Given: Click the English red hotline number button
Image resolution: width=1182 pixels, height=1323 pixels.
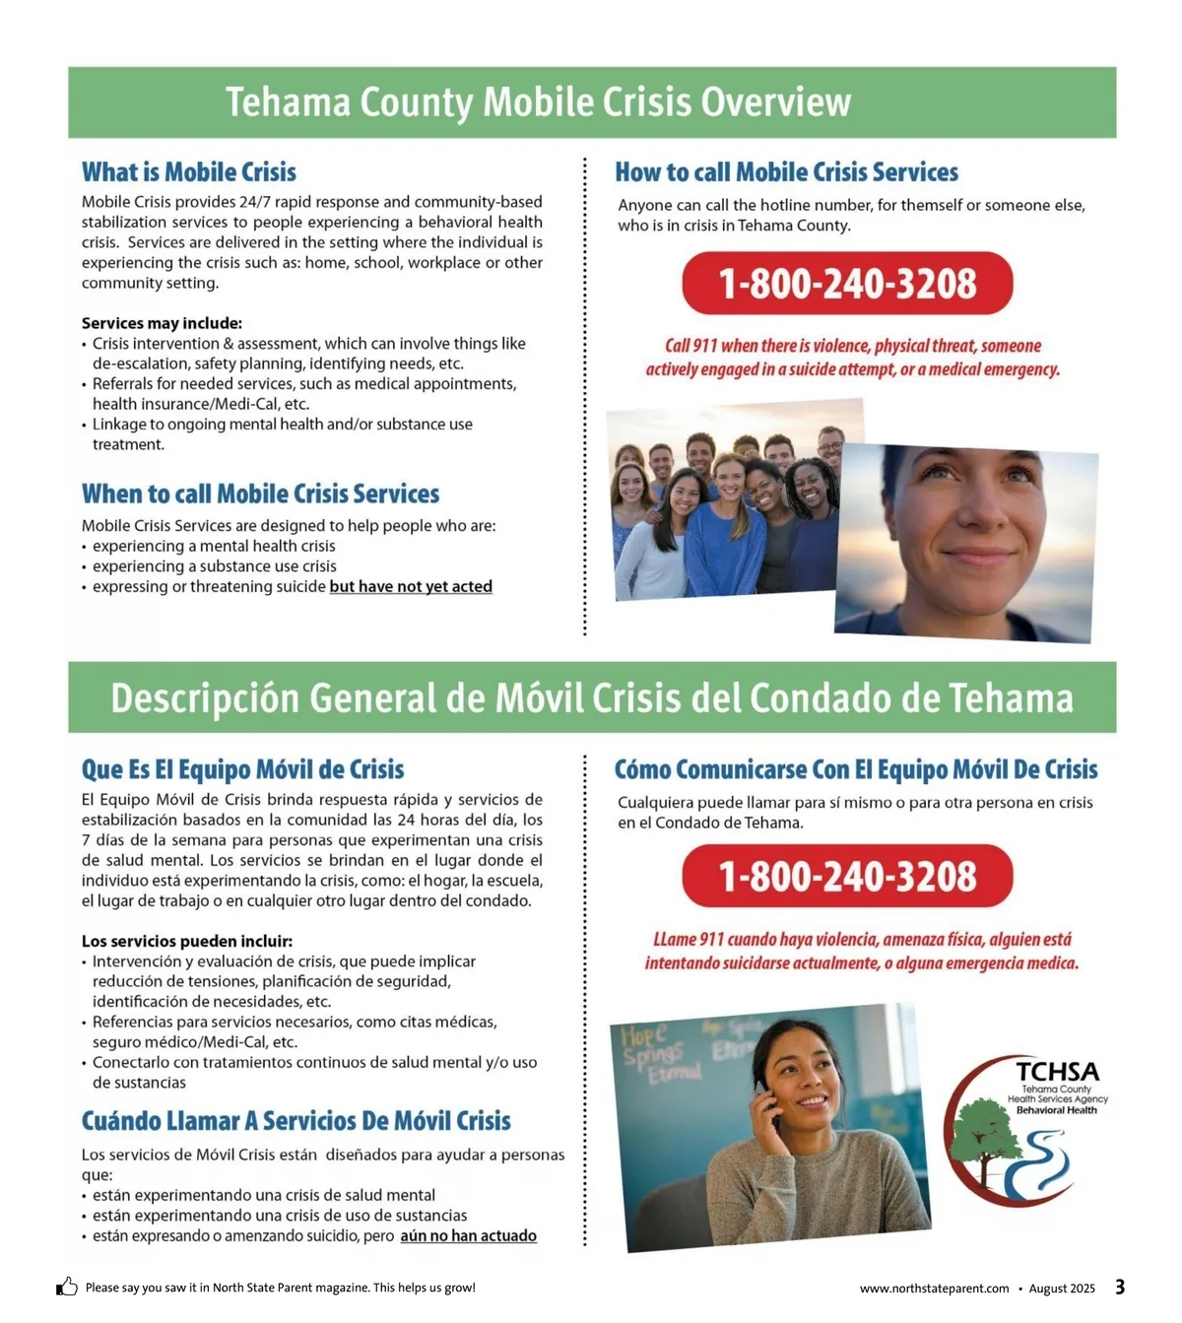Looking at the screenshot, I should [x=847, y=284].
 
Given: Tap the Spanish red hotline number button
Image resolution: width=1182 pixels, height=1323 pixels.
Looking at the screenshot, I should [x=847, y=877].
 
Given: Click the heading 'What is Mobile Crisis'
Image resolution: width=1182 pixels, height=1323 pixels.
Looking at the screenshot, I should [x=189, y=172].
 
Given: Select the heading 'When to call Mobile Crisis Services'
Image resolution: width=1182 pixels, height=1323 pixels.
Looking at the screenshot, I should [x=260, y=494].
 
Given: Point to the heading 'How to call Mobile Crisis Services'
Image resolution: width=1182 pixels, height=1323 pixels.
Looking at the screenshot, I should [x=786, y=172].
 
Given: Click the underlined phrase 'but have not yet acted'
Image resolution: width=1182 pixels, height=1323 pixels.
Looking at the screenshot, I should [x=411, y=587].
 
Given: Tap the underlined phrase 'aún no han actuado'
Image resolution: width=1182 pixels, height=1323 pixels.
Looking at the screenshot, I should [x=468, y=1236].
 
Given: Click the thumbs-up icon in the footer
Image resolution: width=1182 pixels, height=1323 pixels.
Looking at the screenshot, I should [x=67, y=1287].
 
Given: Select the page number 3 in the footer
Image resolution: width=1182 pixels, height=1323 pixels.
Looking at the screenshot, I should [x=1120, y=1287].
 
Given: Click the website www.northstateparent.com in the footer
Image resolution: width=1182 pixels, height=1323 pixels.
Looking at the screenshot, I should [x=934, y=1289].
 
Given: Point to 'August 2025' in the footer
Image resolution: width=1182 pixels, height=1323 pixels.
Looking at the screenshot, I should [x=1062, y=1289].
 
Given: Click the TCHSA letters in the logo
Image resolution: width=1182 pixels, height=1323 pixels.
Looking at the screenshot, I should [x=1057, y=1072].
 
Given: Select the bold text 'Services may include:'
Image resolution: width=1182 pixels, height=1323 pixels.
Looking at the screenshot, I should [x=162, y=323].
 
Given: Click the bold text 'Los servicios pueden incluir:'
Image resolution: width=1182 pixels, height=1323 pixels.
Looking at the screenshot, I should [x=187, y=941].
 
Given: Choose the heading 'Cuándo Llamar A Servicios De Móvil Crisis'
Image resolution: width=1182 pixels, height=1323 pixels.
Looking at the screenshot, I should [x=295, y=1121].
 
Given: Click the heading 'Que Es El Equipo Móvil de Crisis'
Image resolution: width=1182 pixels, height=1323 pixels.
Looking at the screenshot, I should [x=242, y=769].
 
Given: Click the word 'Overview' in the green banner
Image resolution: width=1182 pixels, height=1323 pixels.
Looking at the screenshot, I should [x=775, y=102].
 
